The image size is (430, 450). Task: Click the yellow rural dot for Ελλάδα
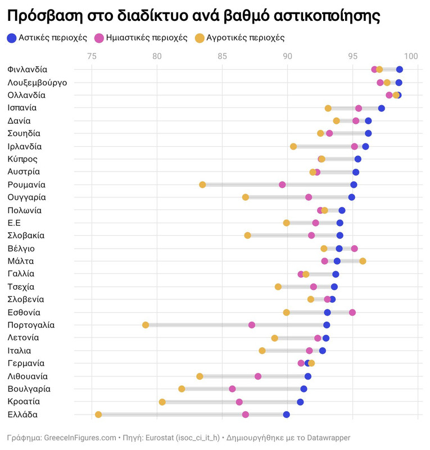click(98, 415)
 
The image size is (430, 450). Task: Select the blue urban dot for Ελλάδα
click(286, 415)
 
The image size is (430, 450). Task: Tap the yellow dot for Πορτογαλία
click(146, 325)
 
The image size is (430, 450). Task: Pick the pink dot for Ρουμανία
click(282, 184)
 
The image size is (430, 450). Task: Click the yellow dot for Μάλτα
click(363, 261)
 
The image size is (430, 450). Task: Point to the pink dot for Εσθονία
click(352, 312)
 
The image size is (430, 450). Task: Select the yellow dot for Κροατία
click(162, 402)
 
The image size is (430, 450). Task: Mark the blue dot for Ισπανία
click(381, 108)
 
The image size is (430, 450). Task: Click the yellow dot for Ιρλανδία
click(293, 146)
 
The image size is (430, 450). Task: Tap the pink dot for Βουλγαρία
click(232, 389)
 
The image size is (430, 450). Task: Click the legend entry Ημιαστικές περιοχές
click(140, 38)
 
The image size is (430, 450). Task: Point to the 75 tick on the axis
click(92, 56)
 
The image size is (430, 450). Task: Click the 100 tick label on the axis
click(411, 56)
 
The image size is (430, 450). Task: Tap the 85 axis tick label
click(222, 56)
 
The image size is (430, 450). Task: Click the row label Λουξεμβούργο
click(37, 83)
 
